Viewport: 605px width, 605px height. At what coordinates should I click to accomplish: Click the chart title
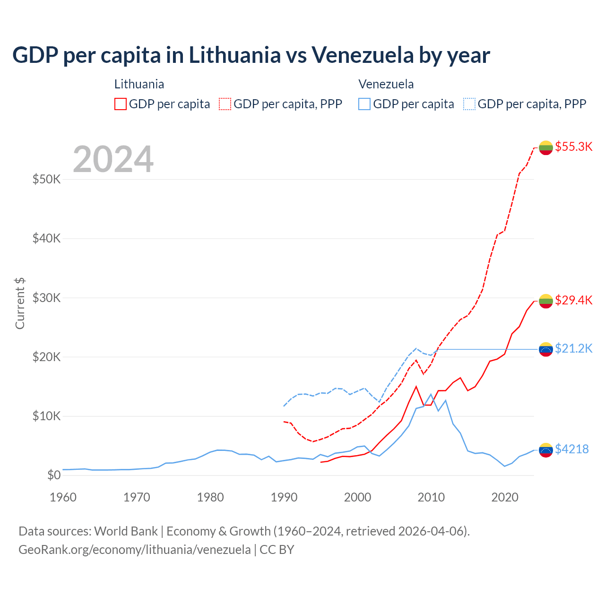(251, 55)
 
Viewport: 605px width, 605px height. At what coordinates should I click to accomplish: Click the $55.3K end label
(573, 147)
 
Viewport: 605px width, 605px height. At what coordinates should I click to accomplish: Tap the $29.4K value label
(573, 300)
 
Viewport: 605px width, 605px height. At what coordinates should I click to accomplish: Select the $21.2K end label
(573, 348)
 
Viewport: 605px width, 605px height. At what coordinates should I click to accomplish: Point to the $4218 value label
(571, 449)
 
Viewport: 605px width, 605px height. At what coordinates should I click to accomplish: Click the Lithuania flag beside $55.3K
(546, 147)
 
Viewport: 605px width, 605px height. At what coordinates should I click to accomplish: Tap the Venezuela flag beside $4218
(546, 450)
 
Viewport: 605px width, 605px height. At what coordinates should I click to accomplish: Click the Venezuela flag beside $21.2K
(546, 349)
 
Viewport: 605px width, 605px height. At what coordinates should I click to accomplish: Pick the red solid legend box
(121, 104)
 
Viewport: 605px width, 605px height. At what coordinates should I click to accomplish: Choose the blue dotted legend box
(469, 104)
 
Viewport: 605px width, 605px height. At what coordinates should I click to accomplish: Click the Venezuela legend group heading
(386, 84)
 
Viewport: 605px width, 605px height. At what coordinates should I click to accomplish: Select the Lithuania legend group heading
(139, 84)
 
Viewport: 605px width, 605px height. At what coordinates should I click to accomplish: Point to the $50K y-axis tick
(47, 180)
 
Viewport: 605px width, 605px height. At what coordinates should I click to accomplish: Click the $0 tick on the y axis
(54, 475)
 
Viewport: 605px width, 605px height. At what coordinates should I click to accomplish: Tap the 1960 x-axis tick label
(63, 497)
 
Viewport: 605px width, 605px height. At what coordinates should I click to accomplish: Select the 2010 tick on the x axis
(431, 497)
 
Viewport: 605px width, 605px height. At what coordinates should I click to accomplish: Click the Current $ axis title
(20, 303)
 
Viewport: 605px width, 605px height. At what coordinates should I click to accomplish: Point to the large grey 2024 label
(113, 159)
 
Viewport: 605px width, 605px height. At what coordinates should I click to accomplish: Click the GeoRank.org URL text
(135, 550)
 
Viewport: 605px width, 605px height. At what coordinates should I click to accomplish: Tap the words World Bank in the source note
(126, 531)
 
